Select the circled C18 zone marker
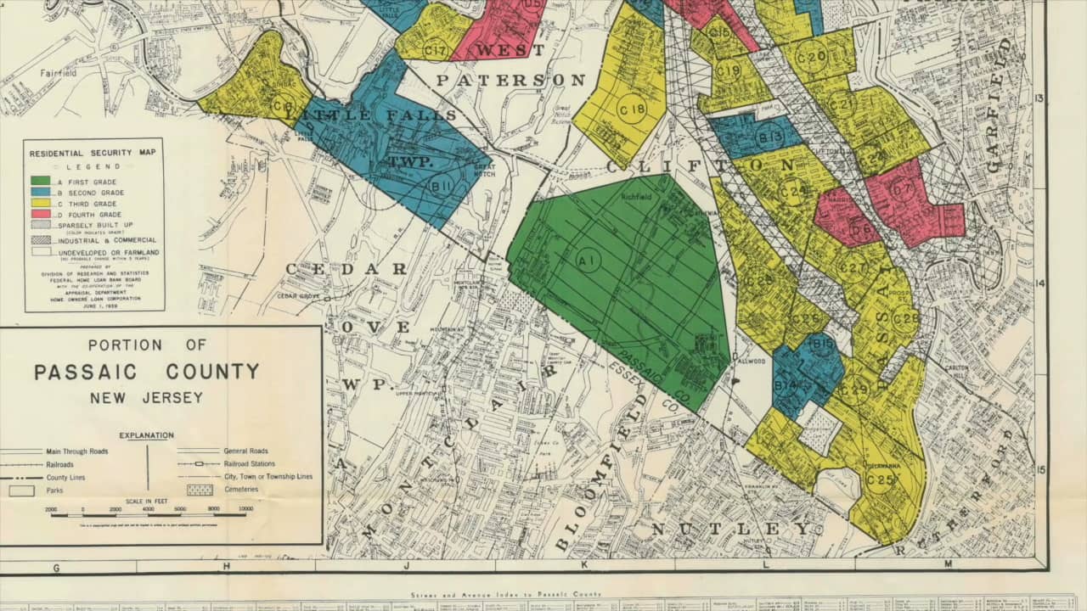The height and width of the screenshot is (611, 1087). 632,110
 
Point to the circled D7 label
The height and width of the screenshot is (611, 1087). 902,191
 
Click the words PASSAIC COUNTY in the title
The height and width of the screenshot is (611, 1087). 147,372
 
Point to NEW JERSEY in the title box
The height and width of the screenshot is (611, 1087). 147,397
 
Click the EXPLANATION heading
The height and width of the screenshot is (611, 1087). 146,435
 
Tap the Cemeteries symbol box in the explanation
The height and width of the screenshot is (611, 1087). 199,490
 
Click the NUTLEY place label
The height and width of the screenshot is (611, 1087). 730,529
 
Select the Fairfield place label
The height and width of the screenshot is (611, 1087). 59,74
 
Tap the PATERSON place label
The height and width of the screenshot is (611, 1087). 511,81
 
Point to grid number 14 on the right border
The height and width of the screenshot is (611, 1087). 1039,284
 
